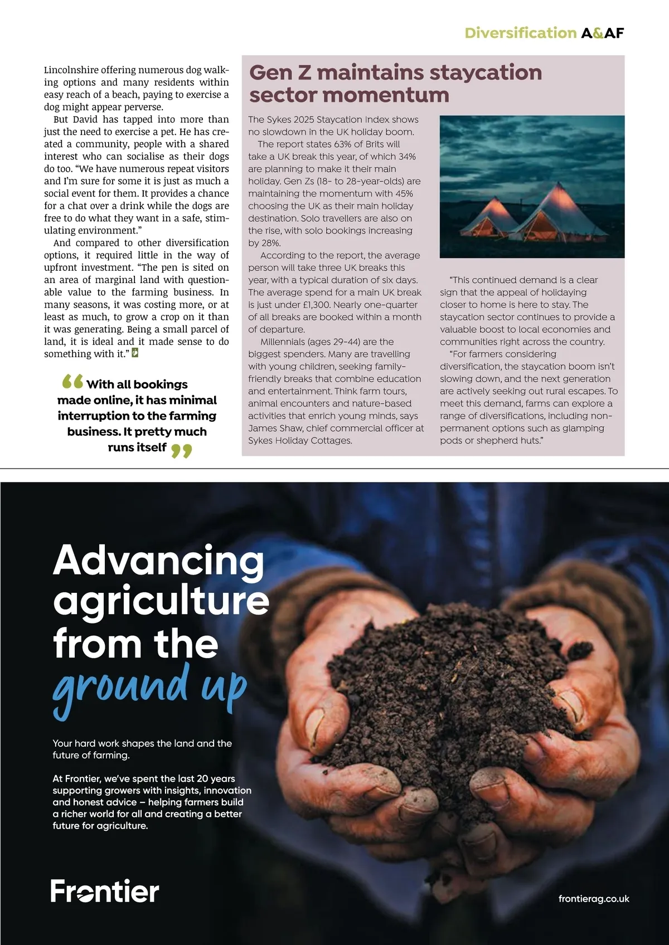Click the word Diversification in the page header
click(x=520, y=33)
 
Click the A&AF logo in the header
click(x=602, y=33)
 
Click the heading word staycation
click(x=485, y=72)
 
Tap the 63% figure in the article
click(x=346, y=144)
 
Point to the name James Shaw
click(x=274, y=428)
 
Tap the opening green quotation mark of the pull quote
click(x=72, y=382)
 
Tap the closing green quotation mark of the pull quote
click(x=181, y=450)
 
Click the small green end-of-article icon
click(x=135, y=353)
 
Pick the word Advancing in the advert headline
click(x=158, y=561)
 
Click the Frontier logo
click(x=105, y=891)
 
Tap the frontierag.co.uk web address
click(x=594, y=899)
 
